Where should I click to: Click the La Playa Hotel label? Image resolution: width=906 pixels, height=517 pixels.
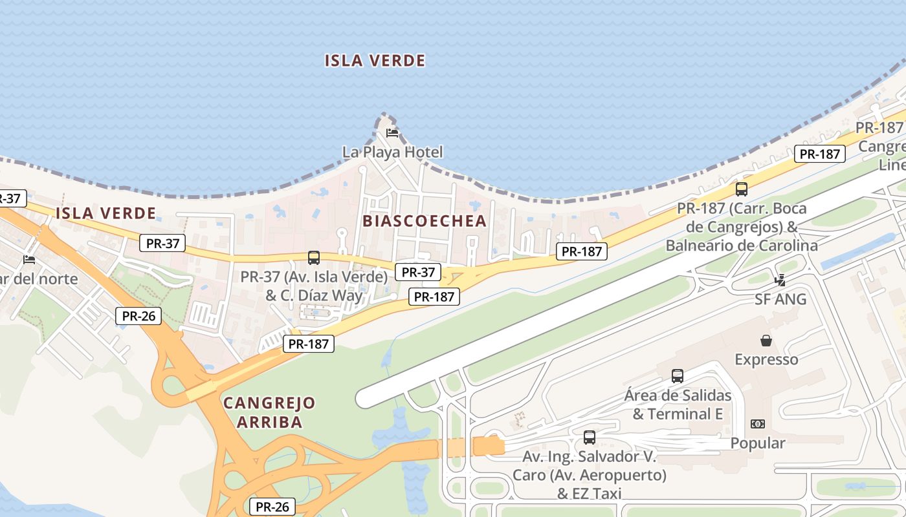pyautogui.click(x=393, y=153)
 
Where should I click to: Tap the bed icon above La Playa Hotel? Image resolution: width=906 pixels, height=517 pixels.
pyautogui.click(x=392, y=133)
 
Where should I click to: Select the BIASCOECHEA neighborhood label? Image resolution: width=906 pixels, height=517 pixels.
pyautogui.click(x=424, y=221)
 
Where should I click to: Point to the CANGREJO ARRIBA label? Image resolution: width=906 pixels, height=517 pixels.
pyautogui.click(x=269, y=412)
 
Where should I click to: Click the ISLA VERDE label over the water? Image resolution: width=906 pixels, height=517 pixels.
pyautogui.click(x=375, y=61)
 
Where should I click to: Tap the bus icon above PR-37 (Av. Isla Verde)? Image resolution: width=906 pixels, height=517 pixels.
pyautogui.click(x=314, y=258)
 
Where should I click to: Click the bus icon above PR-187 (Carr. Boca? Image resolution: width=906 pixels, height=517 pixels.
pyautogui.click(x=742, y=189)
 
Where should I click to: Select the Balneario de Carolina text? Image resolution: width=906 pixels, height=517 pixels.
pyautogui.click(x=742, y=246)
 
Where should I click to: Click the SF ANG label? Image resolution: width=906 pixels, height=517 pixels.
pyautogui.click(x=780, y=299)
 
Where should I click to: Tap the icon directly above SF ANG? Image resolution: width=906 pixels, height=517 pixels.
pyautogui.click(x=780, y=280)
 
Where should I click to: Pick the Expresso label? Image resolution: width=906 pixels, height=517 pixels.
pyautogui.click(x=766, y=359)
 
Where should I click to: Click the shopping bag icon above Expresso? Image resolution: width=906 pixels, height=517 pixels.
pyautogui.click(x=766, y=340)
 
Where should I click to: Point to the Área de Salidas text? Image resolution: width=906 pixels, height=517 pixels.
pyautogui.click(x=678, y=396)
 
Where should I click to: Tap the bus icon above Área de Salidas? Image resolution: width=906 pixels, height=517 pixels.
pyautogui.click(x=678, y=375)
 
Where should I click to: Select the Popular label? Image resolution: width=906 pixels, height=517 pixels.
pyautogui.click(x=757, y=443)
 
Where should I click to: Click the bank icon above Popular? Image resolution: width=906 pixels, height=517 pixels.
pyautogui.click(x=757, y=424)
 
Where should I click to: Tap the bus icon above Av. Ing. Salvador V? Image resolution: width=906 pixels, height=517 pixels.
pyautogui.click(x=590, y=437)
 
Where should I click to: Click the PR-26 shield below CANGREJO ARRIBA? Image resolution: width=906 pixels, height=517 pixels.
pyautogui.click(x=272, y=507)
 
